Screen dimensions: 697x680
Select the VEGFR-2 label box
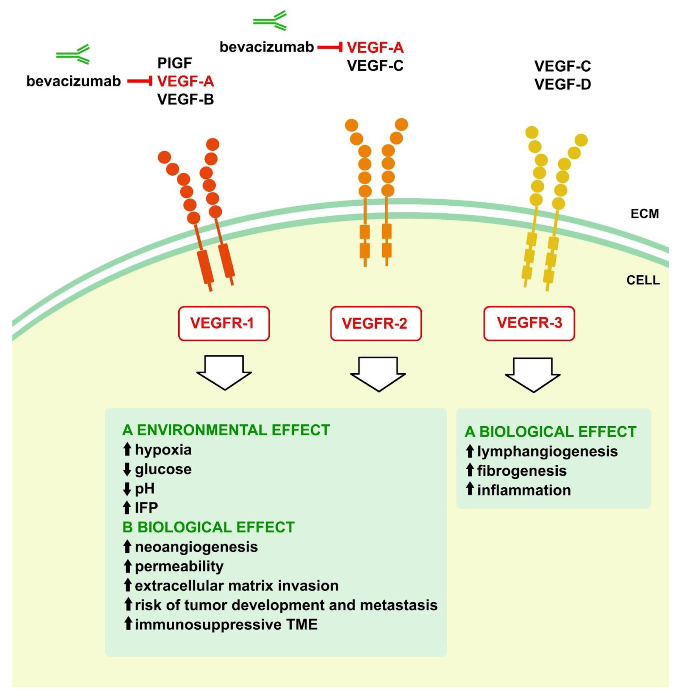[376, 323]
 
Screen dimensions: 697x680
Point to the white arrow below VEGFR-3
[532, 375]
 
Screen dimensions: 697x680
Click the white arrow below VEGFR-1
[224, 372]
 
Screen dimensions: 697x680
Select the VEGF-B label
[185, 100]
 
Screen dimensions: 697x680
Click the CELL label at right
[643, 280]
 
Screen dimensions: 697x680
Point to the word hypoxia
[163, 450]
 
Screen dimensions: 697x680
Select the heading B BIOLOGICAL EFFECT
[208, 527]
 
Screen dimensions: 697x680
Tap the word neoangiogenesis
[196, 547]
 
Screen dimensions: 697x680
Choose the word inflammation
[524, 490]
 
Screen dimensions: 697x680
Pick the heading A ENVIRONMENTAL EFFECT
[226, 430]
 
